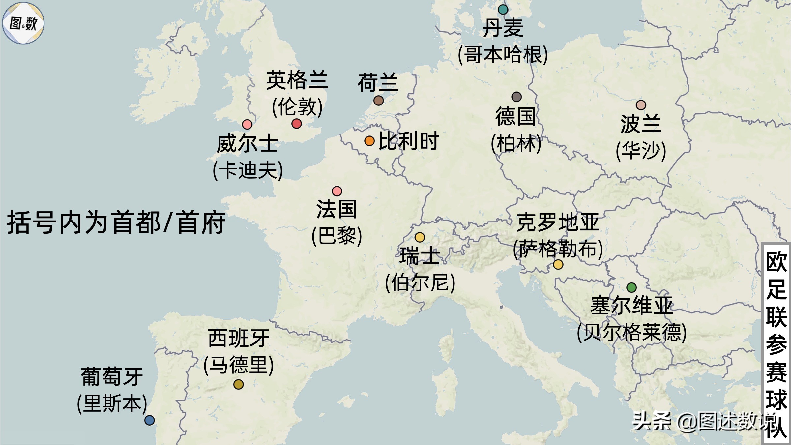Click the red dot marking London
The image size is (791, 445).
pos(297,124)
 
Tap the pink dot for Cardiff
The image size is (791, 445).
pos(247,124)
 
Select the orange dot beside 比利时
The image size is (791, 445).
pos(369,141)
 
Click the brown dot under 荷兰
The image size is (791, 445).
pos(379,100)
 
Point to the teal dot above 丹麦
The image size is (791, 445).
pos(503,9)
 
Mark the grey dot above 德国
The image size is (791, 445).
pos(516,97)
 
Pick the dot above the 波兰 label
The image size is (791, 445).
pos(641,105)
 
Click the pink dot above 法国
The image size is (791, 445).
pos(337,191)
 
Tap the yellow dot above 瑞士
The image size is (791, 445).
pos(420,237)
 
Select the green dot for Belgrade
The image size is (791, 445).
pos(631,287)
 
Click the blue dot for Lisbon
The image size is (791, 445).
pos(150,420)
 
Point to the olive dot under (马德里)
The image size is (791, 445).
pos(238,384)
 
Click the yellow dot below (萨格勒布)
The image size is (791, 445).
pos(558,264)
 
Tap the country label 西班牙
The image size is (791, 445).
pos(239,338)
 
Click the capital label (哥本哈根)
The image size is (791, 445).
pos(503,55)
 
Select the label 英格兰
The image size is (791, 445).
pos(297,80)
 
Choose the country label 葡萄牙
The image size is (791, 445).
pos(112,376)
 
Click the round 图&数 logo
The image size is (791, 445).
pos(23,23)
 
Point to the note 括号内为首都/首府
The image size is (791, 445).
pos(116,223)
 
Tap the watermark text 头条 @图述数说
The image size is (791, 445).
pos(699,421)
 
